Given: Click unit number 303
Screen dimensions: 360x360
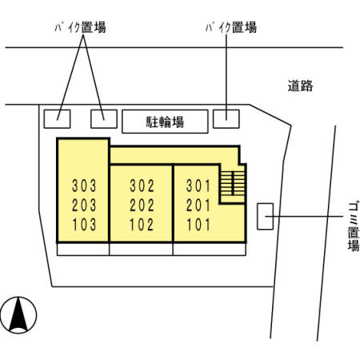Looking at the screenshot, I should point(84,186).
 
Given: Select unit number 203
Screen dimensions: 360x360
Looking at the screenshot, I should point(84,205).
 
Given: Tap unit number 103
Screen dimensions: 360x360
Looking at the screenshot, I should point(84,224).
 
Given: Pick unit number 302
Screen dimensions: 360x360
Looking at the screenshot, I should point(142,186).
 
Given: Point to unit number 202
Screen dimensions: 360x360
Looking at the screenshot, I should point(142,205).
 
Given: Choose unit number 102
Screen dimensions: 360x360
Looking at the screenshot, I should point(142,224).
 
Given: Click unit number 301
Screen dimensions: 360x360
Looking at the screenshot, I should point(198,186).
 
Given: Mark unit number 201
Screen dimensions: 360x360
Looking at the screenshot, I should point(198,205).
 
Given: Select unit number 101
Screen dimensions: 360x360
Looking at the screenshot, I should point(198,224).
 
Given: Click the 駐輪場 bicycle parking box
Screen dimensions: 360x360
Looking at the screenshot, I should point(165,122).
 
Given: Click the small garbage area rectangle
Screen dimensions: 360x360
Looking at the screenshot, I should point(265,216).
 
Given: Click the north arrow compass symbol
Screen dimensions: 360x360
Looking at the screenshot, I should point(20,314).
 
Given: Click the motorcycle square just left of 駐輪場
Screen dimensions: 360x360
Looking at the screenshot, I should point(104,118).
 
